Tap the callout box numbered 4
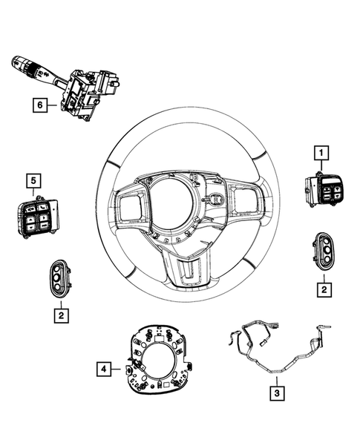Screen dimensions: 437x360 (x=105, y=367)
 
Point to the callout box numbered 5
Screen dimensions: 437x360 (x=33, y=180)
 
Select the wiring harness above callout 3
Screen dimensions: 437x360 (x=275, y=348)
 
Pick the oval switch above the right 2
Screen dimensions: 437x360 (x=324, y=252)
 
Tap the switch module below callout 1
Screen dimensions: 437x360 (x=323, y=191)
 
